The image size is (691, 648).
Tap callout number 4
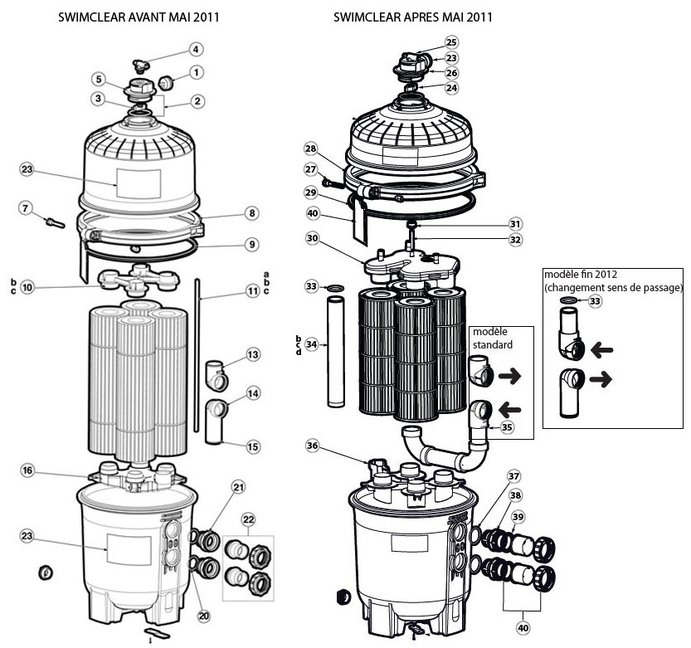pyautogui.click(x=196, y=49)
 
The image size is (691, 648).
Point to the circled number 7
pyautogui.click(x=26, y=207)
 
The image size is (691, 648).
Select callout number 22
pyautogui.click(x=247, y=519)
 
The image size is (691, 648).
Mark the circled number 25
pyautogui.click(x=451, y=41)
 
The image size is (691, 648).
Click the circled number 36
pyautogui.click(x=312, y=446)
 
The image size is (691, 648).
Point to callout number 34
pyautogui.click(x=312, y=343)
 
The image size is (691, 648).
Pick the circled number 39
pyautogui.click(x=518, y=517)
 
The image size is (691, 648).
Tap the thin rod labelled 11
pyautogui.click(x=197, y=357)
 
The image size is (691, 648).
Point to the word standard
pyautogui.click(x=492, y=343)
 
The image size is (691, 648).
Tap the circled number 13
pyautogui.click(x=252, y=355)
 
